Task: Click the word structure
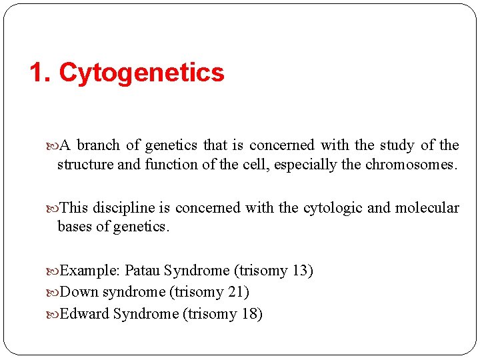[x=85, y=164]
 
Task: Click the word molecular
[x=427, y=208]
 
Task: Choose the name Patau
[x=143, y=271]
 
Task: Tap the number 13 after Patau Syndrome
[x=299, y=271]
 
